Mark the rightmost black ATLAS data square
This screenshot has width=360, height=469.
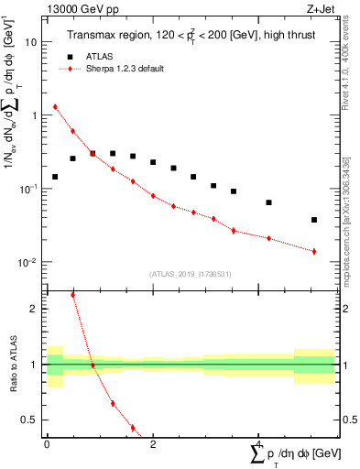click(314, 220)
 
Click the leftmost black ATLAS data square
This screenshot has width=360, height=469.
click(55, 177)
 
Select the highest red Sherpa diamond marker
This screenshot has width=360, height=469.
click(55, 106)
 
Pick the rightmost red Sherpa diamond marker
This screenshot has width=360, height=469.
click(314, 251)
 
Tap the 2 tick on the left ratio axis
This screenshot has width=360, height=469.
click(35, 309)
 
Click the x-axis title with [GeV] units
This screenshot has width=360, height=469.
click(293, 455)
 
